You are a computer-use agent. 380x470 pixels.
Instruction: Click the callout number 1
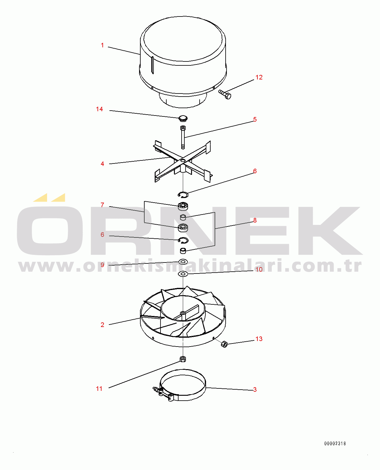tap(102, 45)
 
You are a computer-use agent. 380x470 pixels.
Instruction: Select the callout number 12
tap(259, 77)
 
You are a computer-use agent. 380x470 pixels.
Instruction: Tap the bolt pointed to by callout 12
tap(225, 94)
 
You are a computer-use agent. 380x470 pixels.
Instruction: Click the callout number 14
tap(99, 109)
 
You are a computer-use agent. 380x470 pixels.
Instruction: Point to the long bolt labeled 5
tap(183, 137)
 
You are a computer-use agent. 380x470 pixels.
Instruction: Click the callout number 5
tap(255, 119)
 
